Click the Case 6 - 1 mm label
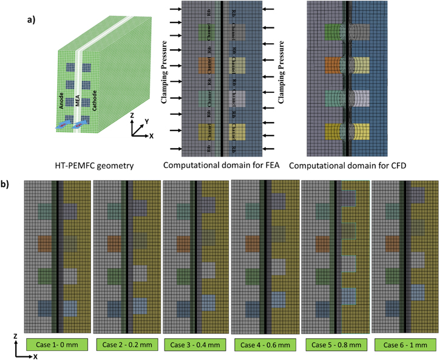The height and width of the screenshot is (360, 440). (404, 345)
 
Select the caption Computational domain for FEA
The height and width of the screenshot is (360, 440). (215, 165)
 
